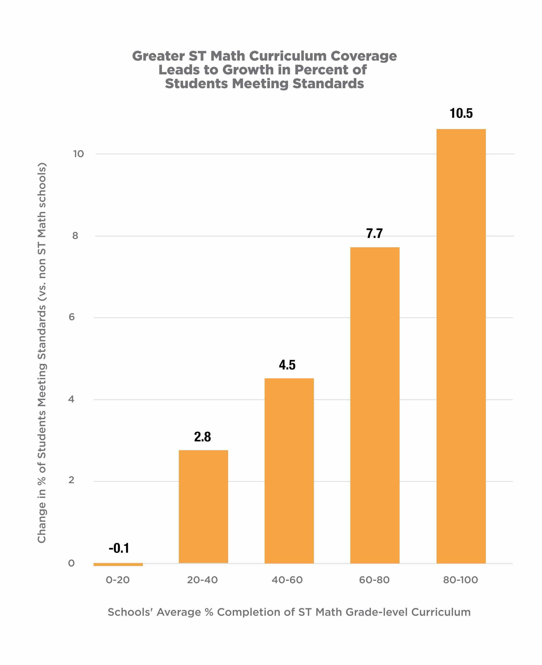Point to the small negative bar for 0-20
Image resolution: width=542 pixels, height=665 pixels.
(x=118, y=565)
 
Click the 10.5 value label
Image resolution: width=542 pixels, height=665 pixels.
(x=461, y=113)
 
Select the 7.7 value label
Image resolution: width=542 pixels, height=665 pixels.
(x=374, y=233)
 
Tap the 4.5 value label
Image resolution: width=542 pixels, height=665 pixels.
(x=287, y=365)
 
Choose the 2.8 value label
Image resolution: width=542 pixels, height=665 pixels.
(x=202, y=437)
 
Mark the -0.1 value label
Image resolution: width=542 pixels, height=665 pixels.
(x=119, y=548)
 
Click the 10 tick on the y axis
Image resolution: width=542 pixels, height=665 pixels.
(x=78, y=154)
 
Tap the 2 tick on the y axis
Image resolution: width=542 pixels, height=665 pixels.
(x=71, y=480)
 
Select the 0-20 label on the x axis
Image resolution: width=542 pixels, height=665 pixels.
(x=118, y=580)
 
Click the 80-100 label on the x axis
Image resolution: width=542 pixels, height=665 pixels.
(x=460, y=580)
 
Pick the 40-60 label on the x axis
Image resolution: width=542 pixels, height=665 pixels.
(x=287, y=580)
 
